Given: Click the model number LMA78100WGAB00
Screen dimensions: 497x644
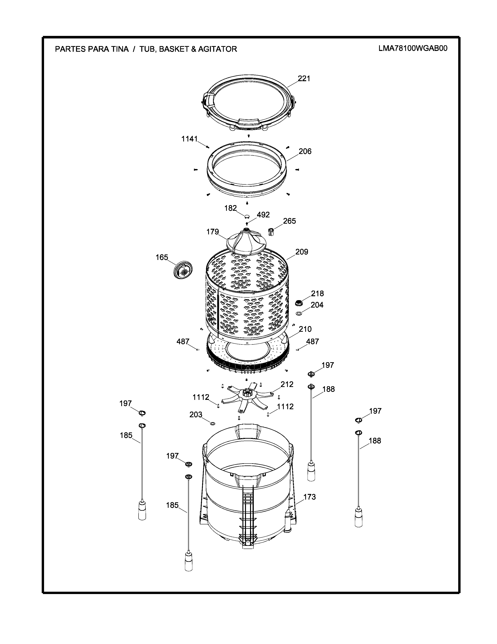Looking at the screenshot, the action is pos(413,48).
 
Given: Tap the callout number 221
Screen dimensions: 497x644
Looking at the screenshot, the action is pos(304,78).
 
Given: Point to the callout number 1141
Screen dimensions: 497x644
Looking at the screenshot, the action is pos(189,139).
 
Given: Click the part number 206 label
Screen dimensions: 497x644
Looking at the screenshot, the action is pos(305,151).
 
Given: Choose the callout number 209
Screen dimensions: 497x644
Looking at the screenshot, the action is pos(302,252).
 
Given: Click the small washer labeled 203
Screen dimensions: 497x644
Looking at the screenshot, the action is pos(212,424).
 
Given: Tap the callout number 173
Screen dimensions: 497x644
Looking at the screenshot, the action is pos(310,497).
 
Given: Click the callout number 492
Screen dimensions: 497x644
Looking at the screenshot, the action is pos(263,215).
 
